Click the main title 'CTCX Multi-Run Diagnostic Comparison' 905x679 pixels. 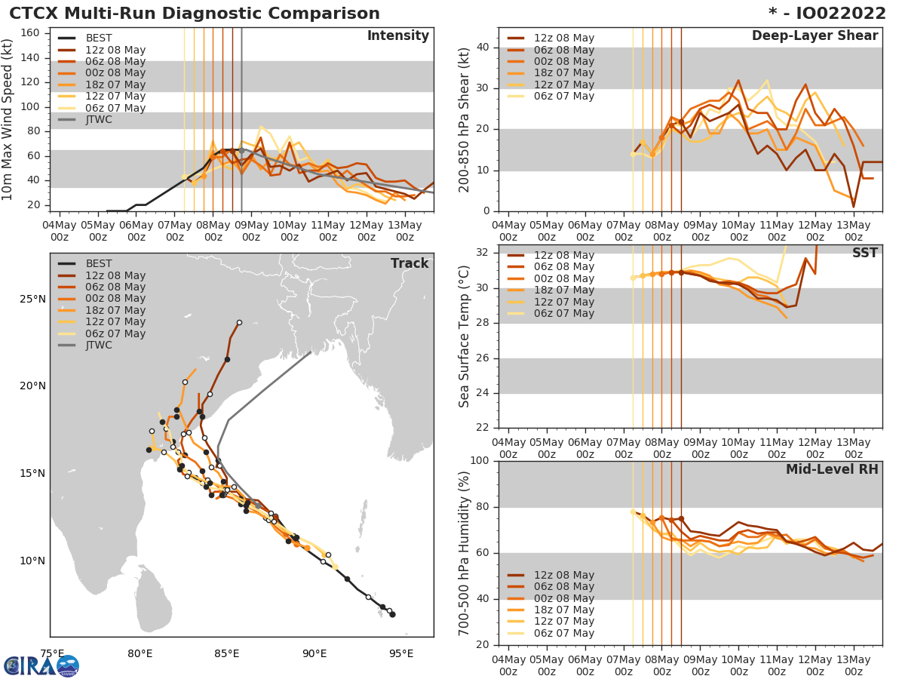coord(195,14)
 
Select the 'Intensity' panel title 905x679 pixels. coord(398,36)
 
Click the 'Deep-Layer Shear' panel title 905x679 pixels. coord(814,36)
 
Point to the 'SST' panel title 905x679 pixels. coord(864,253)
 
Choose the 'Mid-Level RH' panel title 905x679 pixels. coord(832,469)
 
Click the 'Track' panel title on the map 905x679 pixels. coord(410,263)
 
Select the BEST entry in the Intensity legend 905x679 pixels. coord(98,38)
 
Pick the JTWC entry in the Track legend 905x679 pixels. coord(99,346)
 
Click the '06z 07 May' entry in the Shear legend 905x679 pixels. coord(564,96)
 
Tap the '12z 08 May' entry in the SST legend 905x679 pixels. coord(564,255)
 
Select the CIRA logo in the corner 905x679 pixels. coord(41,665)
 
